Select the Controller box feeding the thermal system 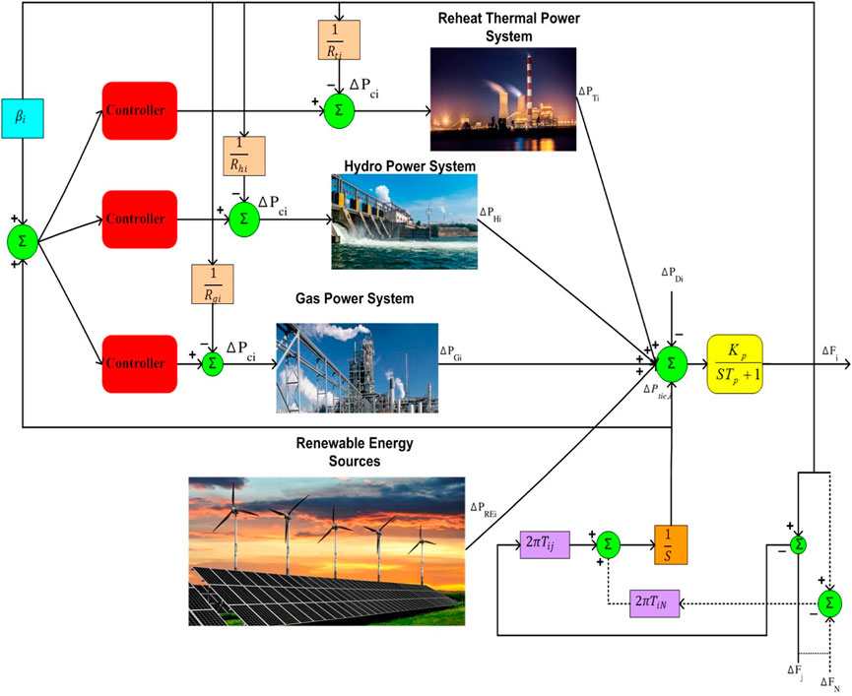138,110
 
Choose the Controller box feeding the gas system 138,362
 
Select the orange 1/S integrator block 670,543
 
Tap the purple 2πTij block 545,543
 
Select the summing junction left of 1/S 608,543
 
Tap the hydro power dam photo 404,222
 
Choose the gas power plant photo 356,366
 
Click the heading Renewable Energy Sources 354,451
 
